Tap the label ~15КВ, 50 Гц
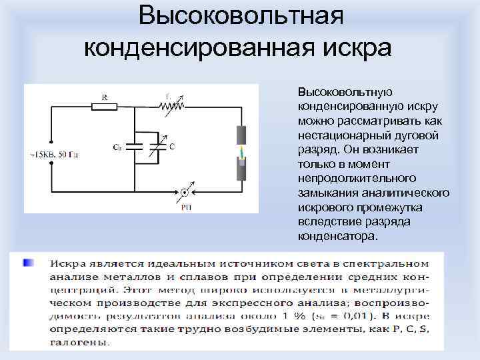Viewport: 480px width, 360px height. pyautogui.click(x=54, y=155)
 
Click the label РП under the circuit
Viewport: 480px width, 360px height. pyautogui.click(x=185, y=207)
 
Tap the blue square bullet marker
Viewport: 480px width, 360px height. pyautogui.click(x=28, y=263)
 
